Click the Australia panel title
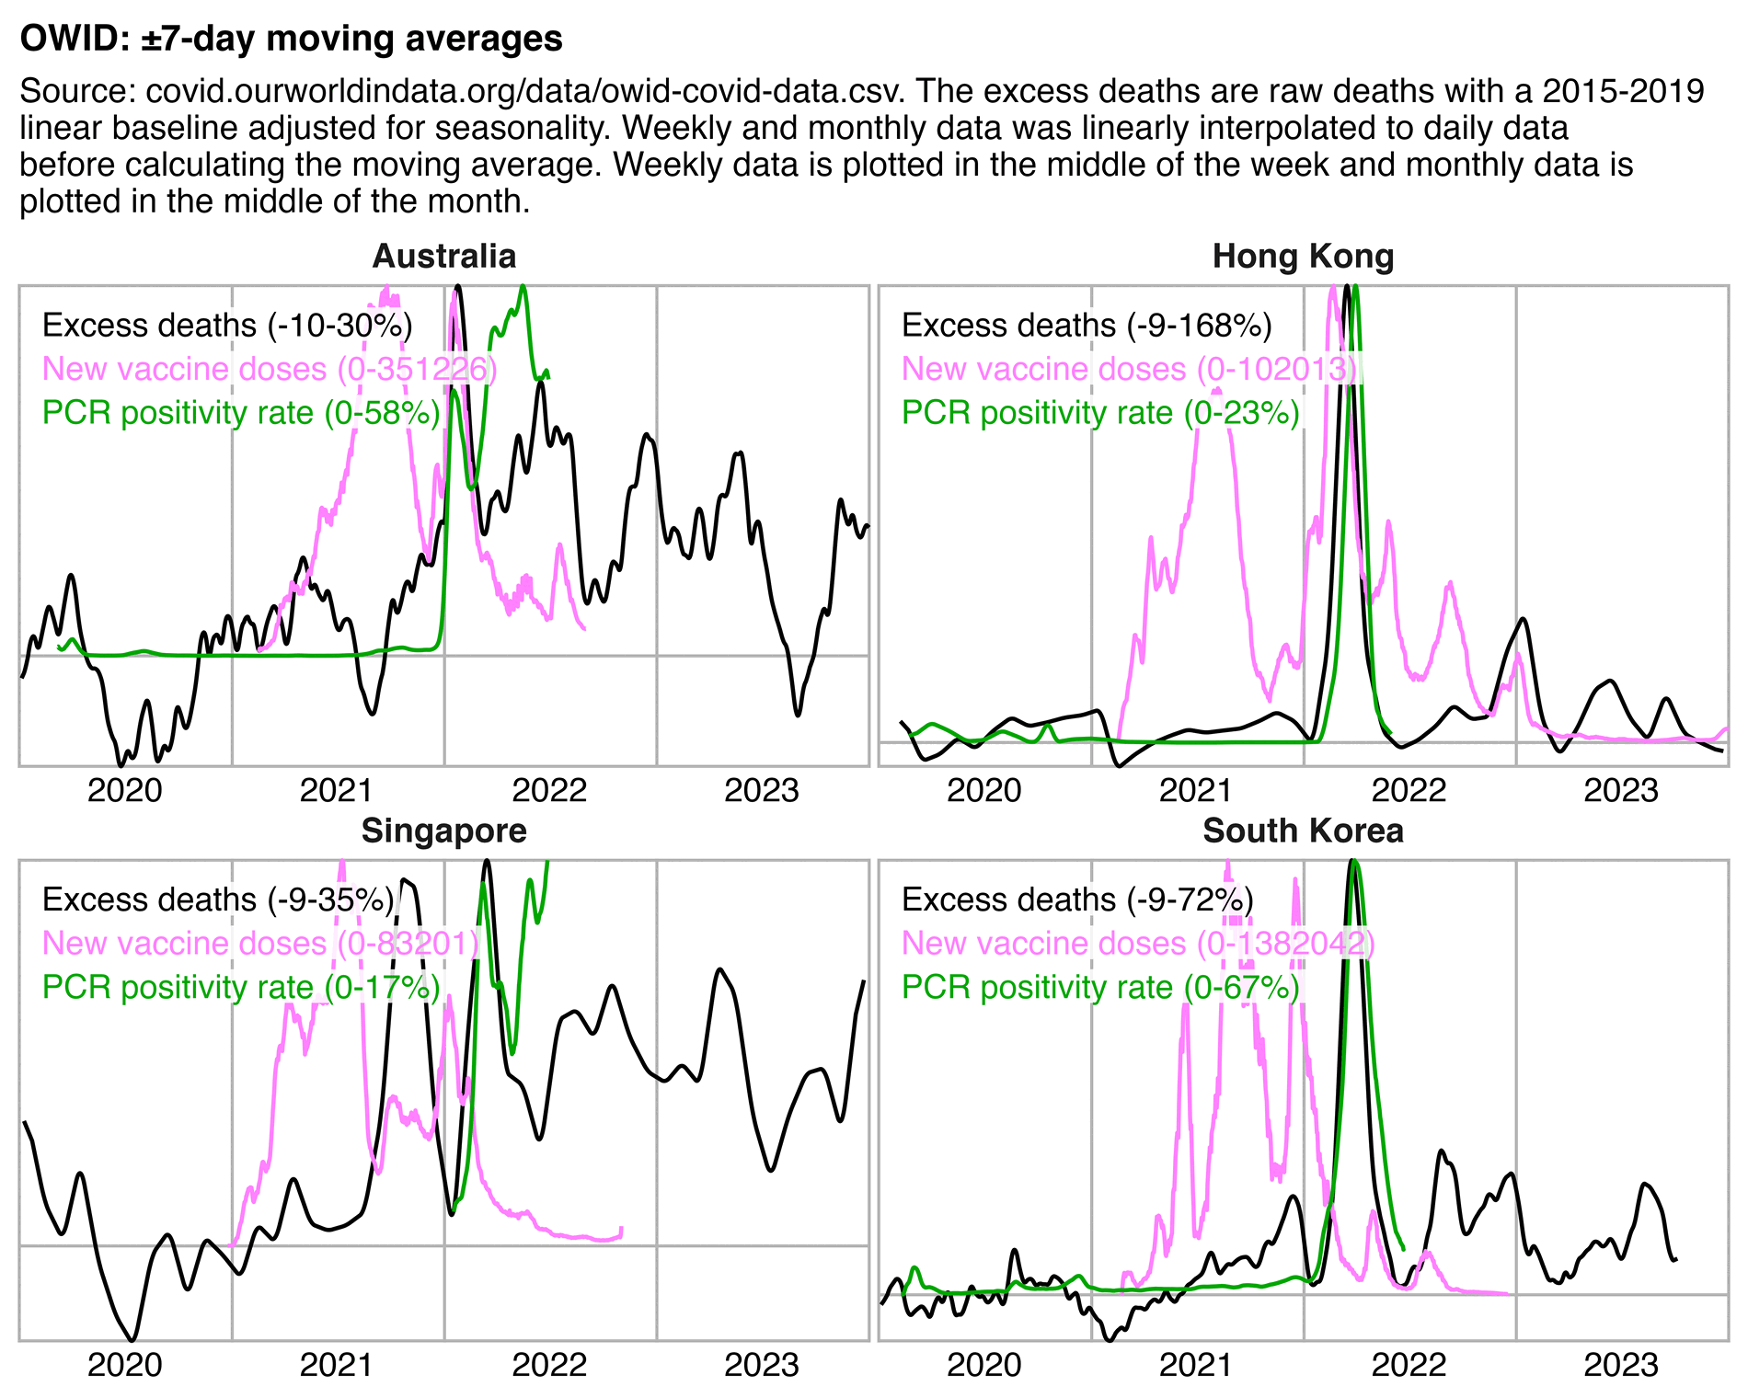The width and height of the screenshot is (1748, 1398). tap(444, 257)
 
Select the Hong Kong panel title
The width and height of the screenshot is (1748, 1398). tap(1303, 257)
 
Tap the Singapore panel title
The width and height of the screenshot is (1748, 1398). tap(444, 831)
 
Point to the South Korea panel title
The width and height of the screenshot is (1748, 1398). tap(1303, 831)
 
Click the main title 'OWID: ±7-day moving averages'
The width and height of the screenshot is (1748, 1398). tap(291, 39)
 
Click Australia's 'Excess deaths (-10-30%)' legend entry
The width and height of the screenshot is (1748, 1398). tap(227, 326)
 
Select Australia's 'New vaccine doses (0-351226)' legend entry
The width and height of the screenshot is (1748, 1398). tap(270, 369)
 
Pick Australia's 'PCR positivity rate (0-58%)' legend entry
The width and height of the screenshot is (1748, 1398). tap(241, 413)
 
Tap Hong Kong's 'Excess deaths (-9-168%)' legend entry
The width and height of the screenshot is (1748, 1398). tap(1087, 326)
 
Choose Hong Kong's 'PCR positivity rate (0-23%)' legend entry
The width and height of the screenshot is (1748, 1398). tap(1100, 413)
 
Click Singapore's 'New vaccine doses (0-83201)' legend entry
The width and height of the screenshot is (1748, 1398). tap(260, 943)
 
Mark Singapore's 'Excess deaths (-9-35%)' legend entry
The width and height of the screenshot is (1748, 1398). tap(218, 900)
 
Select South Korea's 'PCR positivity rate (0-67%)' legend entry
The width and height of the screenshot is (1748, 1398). tap(1100, 987)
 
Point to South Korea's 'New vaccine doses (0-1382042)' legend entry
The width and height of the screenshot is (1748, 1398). tap(1138, 943)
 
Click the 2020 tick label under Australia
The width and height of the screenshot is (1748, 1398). tap(125, 790)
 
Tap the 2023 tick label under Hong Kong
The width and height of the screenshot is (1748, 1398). tap(1621, 790)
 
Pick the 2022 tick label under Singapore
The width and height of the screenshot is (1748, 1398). tap(549, 1365)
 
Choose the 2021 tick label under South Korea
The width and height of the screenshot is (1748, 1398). tap(1196, 1365)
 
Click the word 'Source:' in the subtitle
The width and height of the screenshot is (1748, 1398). tap(78, 92)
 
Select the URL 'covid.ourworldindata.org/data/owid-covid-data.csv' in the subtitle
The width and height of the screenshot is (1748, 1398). tap(525, 92)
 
